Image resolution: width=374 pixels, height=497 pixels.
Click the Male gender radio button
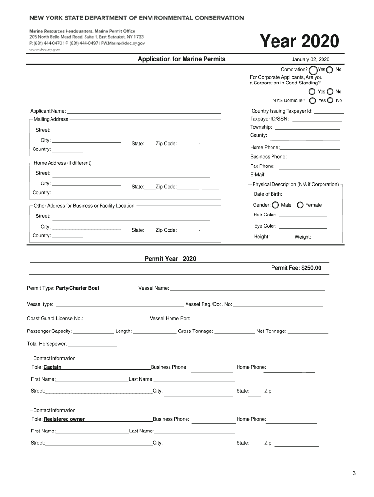click(275, 205)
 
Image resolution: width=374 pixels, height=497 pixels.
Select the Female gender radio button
click(300, 205)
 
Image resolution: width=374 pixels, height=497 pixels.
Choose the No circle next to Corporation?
click(330, 70)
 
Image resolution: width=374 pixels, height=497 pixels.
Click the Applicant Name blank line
click(144, 112)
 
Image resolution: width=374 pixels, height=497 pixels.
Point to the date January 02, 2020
click(310, 59)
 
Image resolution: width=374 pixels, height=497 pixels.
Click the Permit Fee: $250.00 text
click(296, 268)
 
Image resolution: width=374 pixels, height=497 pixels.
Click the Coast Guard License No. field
click(116, 319)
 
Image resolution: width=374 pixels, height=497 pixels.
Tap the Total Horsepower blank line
click(93, 345)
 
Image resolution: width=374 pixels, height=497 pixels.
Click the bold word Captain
click(52, 367)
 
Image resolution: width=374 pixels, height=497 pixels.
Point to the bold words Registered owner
click(64, 419)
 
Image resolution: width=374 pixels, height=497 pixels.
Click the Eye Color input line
click(303, 227)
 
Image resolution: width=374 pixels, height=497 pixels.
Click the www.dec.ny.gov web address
click(44, 50)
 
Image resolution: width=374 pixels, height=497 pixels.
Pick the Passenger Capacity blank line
click(94, 332)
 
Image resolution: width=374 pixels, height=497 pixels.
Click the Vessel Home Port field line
click(257, 320)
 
